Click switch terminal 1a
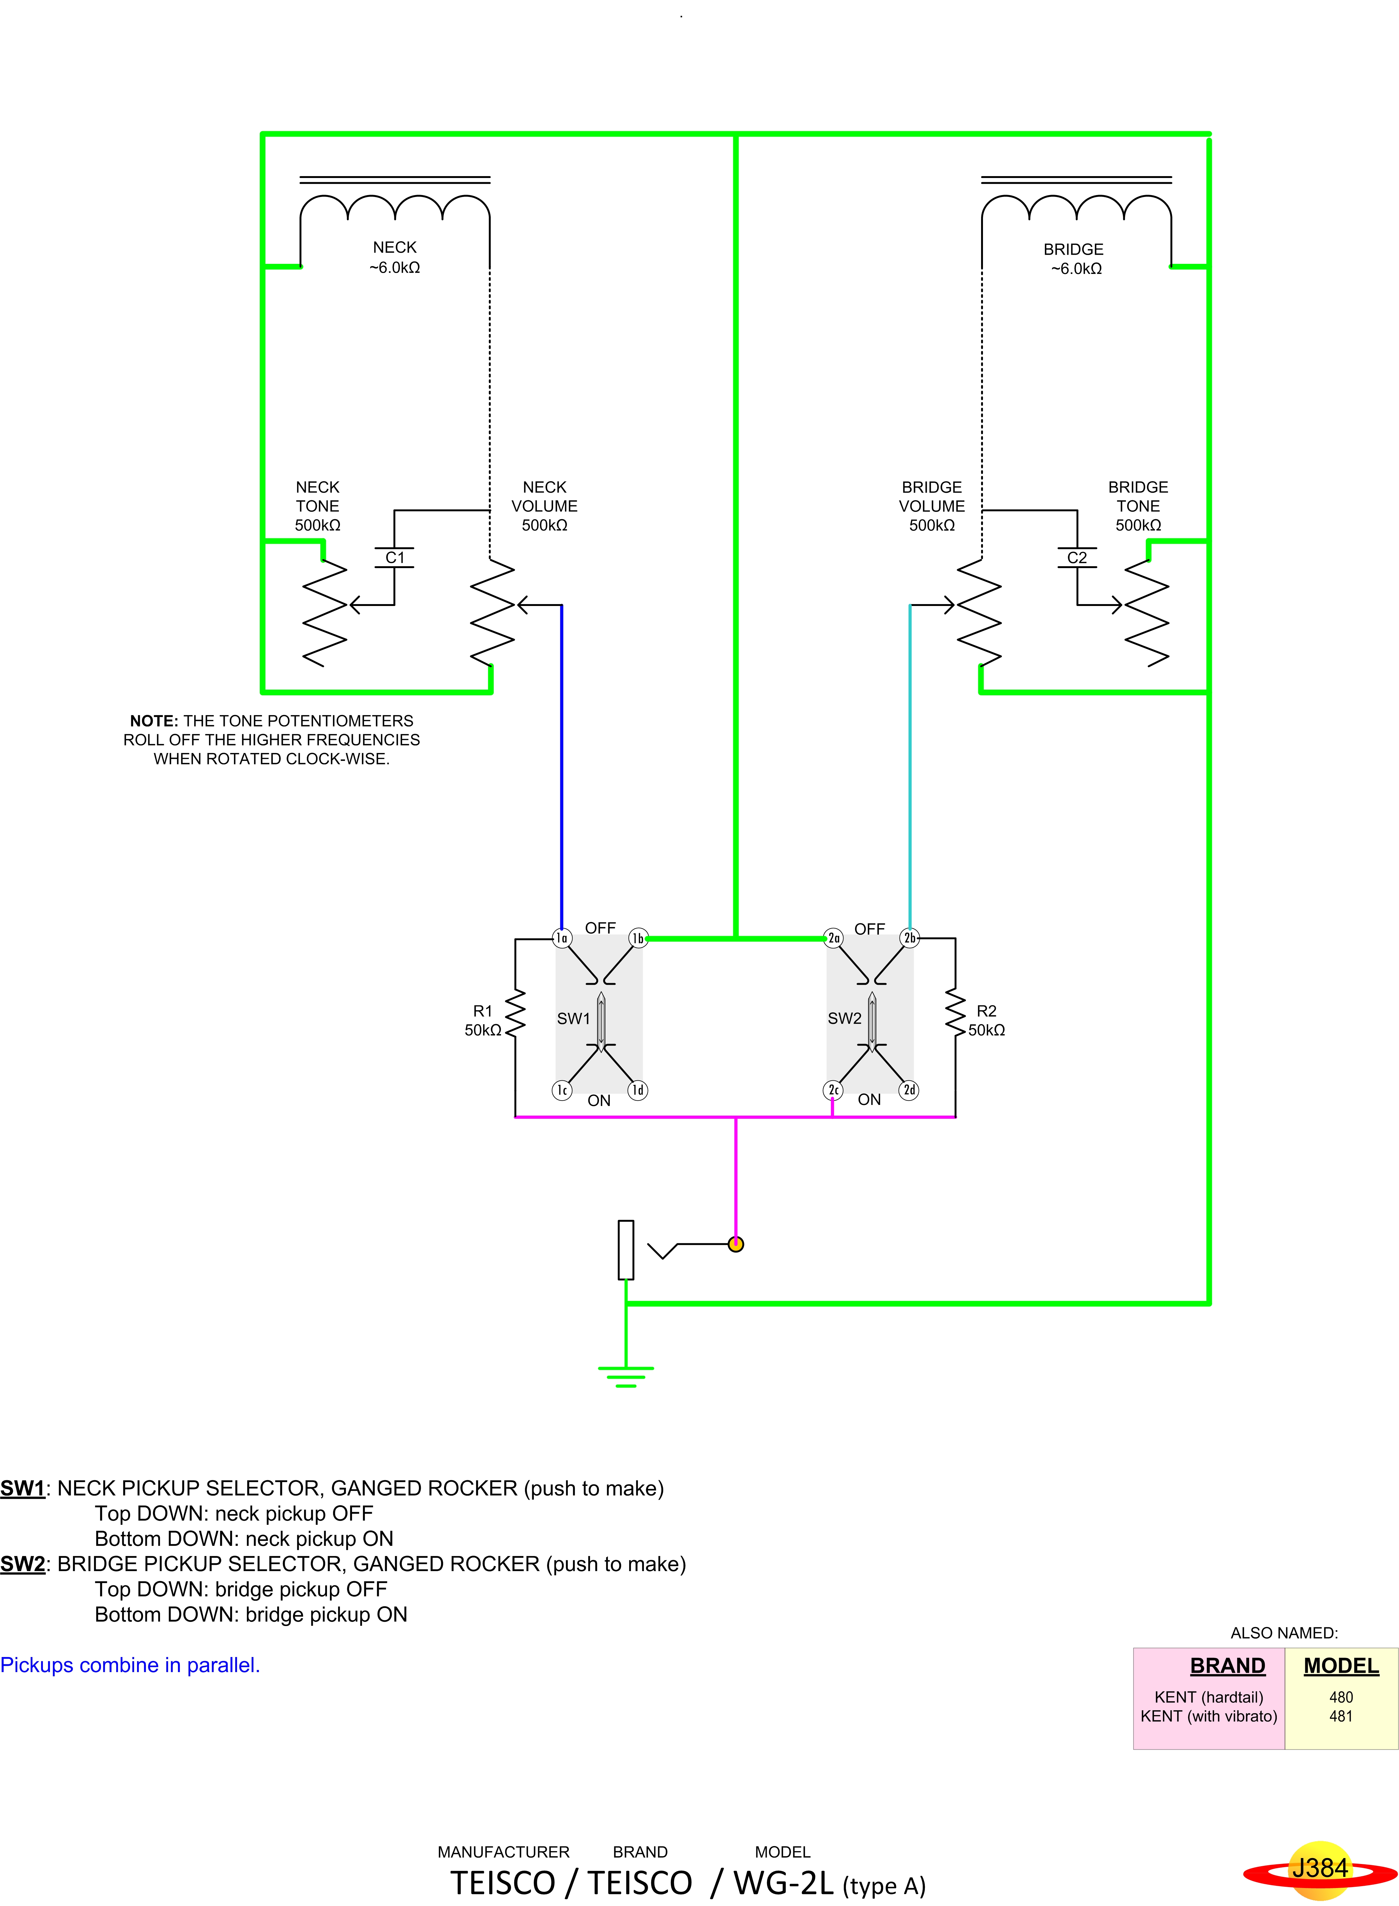pyautogui.click(x=562, y=937)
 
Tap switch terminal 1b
pyautogui.click(x=638, y=937)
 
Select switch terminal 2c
pyautogui.click(x=833, y=1090)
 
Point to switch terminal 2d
pyautogui.click(x=909, y=1090)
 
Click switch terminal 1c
pyautogui.click(x=562, y=1090)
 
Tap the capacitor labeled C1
pyautogui.click(x=395, y=557)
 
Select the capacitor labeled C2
pyautogui.click(x=1077, y=557)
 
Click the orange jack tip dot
pyautogui.click(x=736, y=1244)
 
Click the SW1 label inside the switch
pyautogui.click(x=573, y=1018)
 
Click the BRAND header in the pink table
pyautogui.click(x=1227, y=1666)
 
